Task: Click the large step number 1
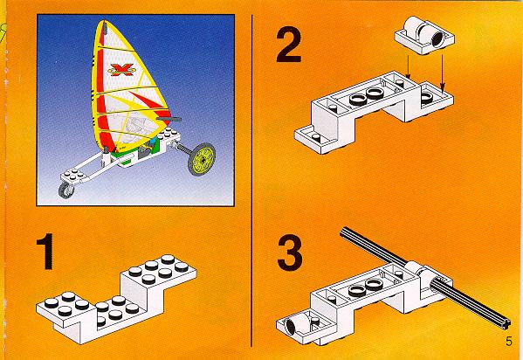46,251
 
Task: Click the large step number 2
289,45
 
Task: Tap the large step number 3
290,253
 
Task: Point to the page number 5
509,342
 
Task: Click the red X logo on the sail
122,69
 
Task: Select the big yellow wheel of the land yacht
202,159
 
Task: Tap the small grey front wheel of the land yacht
66,190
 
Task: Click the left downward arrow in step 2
407,66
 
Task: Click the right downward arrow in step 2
442,73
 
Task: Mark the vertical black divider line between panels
251,180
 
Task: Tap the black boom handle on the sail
169,119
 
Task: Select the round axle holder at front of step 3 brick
293,323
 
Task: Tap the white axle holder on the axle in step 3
419,275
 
